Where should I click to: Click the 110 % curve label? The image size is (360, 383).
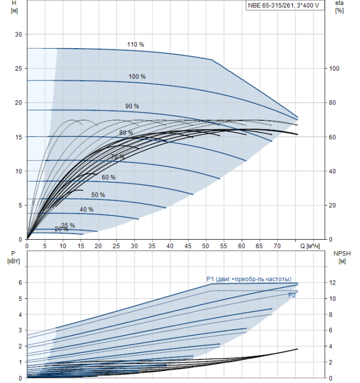(x=136, y=44)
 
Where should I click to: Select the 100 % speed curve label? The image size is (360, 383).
(x=137, y=77)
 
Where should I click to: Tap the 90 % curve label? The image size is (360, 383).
(x=132, y=106)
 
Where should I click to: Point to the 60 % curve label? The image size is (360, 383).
(x=109, y=177)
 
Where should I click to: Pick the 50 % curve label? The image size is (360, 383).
(x=98, y=195)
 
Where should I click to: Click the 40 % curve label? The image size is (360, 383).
(x=86, y=210)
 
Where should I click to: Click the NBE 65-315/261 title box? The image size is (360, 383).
(x=285, y=5)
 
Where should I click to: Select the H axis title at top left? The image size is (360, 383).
(x=14, y=7)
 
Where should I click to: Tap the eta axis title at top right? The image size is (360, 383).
(x=339, y=7)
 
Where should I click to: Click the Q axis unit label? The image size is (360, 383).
(x=310, y=246)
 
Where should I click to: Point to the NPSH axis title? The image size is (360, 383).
(x=342, y=258)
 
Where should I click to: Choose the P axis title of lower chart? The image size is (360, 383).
(x=14, y=258)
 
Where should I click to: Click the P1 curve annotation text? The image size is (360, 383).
(x=249, y=279)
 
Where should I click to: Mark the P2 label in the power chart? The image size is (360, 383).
(x=292, y=295)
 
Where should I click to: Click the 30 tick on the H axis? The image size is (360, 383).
(x=18, y=34)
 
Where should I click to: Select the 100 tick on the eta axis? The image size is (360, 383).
(x=334, y=68)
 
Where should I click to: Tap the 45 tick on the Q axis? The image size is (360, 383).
(x=188, y=246)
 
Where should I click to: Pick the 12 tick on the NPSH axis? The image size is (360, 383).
(x=333, y=283)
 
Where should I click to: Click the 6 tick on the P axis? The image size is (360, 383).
(x=20, y=283)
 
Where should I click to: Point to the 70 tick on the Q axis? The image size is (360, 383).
(x=277, y=246)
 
